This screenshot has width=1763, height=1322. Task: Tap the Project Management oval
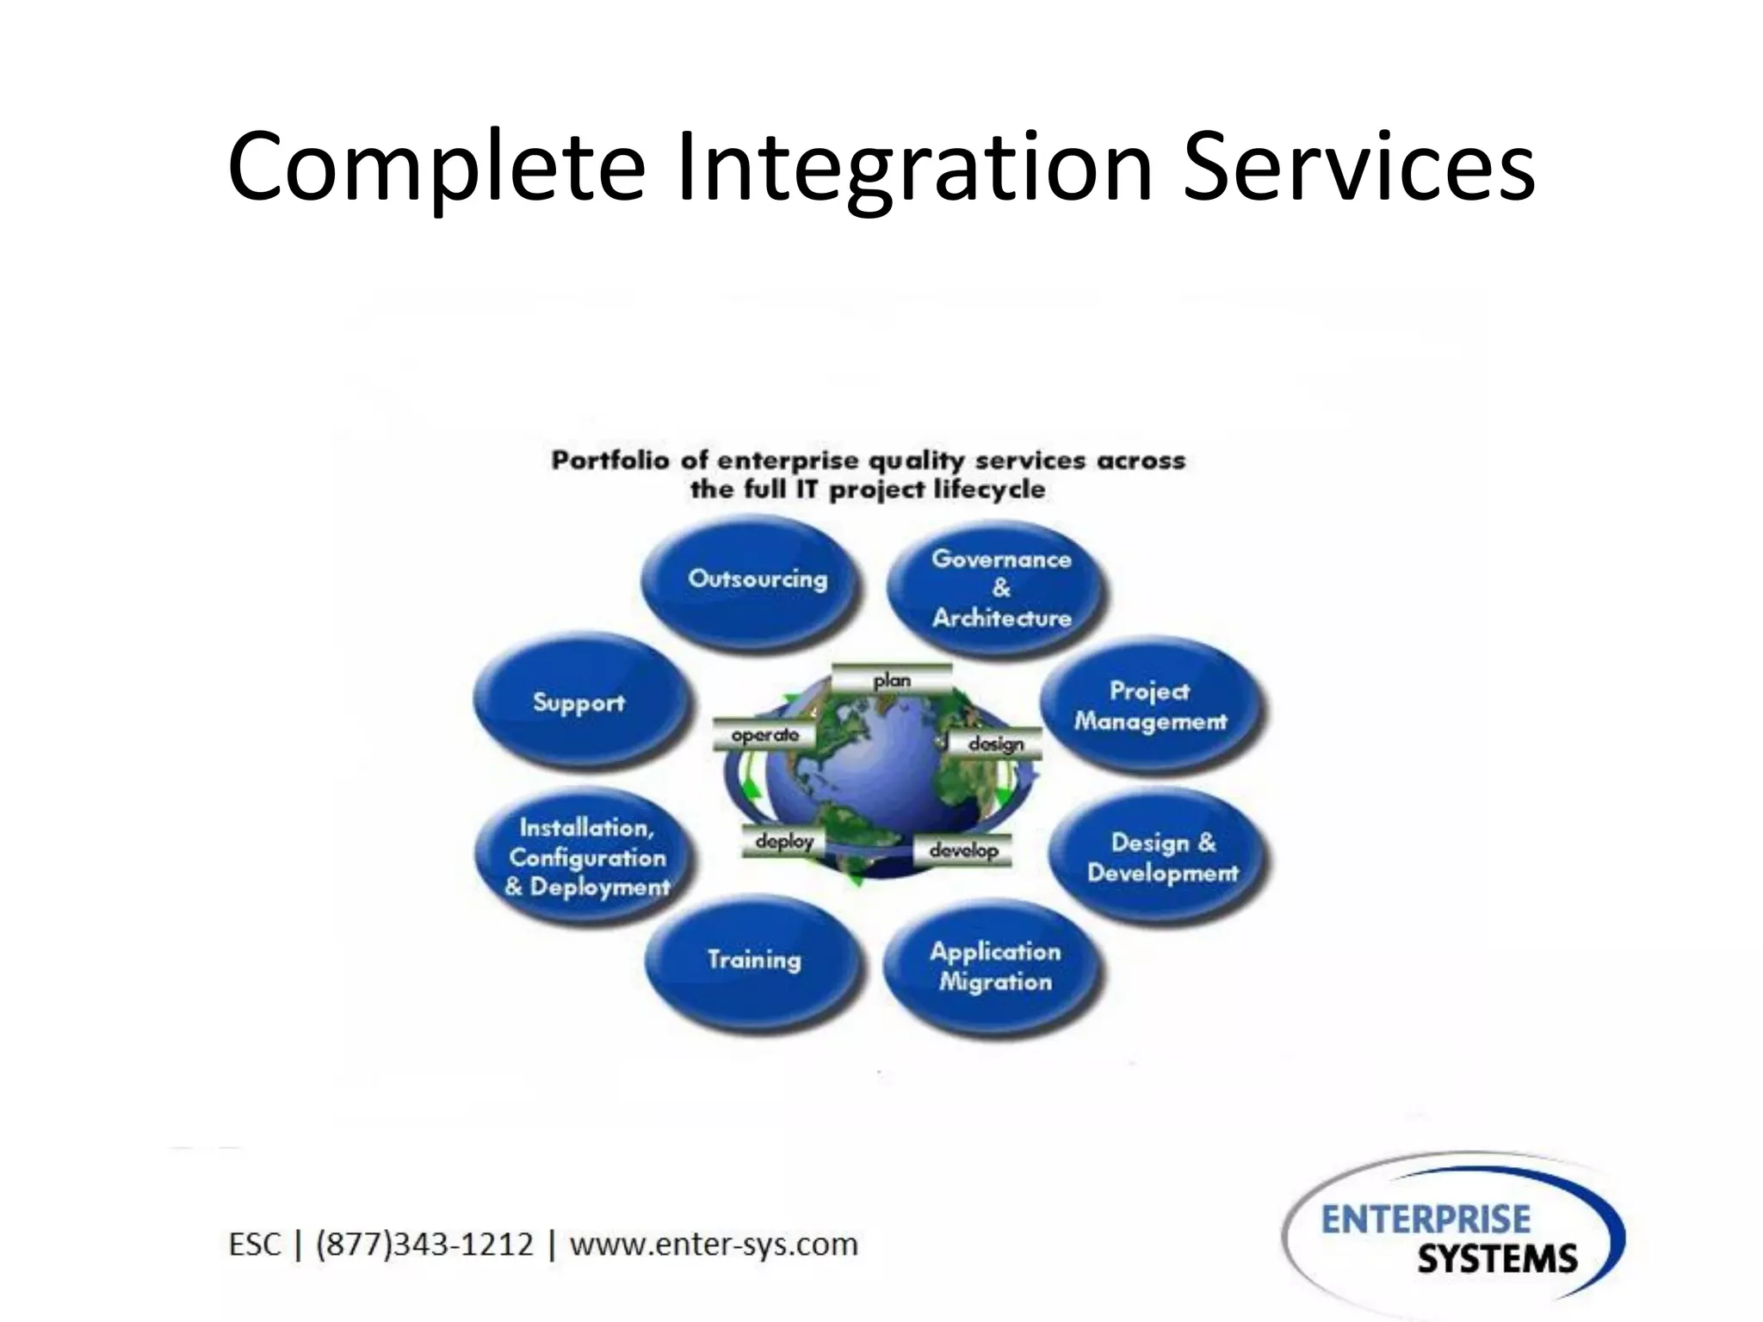1150,706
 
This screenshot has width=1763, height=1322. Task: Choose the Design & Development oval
1160,857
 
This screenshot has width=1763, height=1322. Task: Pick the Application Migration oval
994,967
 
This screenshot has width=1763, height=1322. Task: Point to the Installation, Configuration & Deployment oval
585,857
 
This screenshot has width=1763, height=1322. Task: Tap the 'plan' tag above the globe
892,680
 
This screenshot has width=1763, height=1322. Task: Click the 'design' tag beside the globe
995,744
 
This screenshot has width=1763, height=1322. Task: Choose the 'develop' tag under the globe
962,850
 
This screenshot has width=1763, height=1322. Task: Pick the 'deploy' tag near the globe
783,841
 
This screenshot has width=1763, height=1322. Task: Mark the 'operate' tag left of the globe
764,735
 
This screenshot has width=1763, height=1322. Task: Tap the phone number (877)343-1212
424,1245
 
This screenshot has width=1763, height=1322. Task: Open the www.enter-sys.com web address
714,1245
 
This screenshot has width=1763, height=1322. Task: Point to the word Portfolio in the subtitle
609,460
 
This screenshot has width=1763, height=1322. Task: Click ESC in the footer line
254,1245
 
